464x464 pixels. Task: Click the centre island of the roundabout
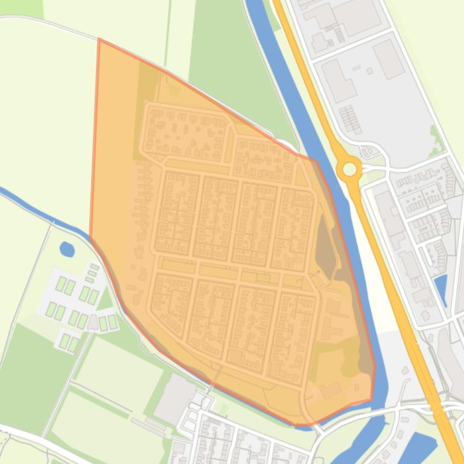coord(349,169)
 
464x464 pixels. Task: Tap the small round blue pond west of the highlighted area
coord(67,248)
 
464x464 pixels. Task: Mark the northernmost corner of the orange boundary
coord(99,40)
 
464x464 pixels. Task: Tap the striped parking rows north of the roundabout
coord(351,119)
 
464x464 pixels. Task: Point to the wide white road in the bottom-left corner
coord(36,440)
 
